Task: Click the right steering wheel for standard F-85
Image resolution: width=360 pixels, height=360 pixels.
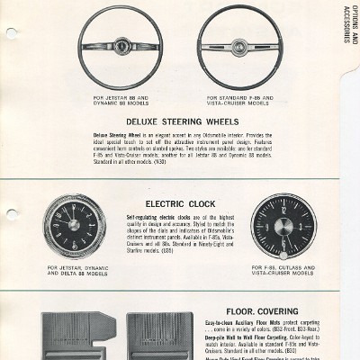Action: tap(239, 48)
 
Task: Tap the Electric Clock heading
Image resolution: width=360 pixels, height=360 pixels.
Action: tap(177, 204)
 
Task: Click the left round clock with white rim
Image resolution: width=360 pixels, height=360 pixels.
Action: tap(74, 226)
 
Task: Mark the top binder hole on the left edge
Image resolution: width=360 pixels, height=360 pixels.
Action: tap(11, 33)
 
